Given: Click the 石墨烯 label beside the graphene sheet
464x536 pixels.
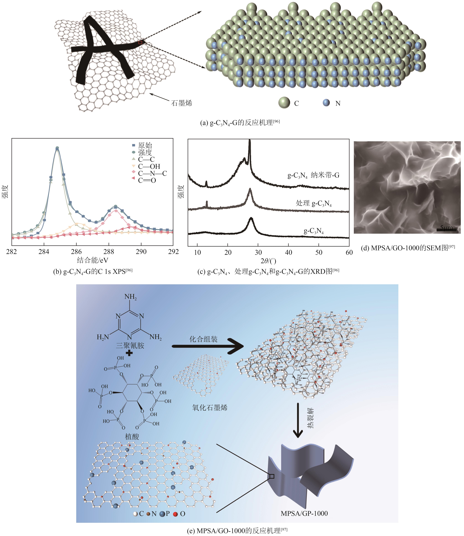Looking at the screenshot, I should coord(182,103).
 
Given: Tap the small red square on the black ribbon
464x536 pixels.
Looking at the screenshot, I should coord(140,42).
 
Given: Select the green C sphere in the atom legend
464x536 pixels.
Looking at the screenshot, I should coord(284,103).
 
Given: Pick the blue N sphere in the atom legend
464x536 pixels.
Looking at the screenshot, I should coord(326,103).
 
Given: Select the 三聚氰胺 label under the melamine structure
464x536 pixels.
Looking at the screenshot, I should coord(130,346).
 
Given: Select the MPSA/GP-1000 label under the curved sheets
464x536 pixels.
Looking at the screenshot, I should coord(304,513).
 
